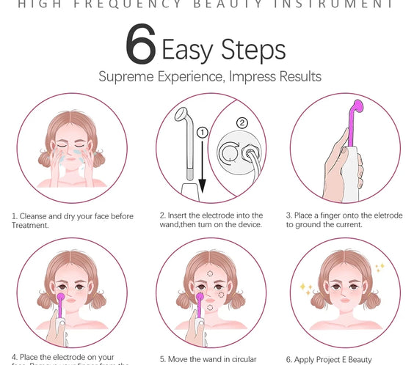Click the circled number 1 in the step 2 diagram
tap(203, 132)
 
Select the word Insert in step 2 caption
tap(179, 215)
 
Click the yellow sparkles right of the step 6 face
tap(379, 268)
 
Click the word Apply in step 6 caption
tap(305, 359)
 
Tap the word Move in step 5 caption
tap(180, 359)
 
